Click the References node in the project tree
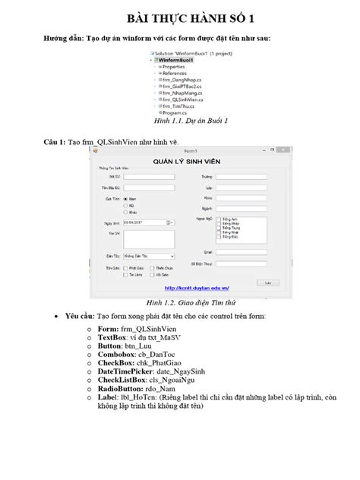pyautogui.click(x=177, y=71)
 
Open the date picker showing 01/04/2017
pyautogui.click(x=143, y=222)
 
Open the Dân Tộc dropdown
pyautogui.click(x=143, y=257)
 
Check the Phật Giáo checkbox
pyautogui.click(x=125, y=268)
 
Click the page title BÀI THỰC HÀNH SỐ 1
pyautogui.click(x=180, y=17)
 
